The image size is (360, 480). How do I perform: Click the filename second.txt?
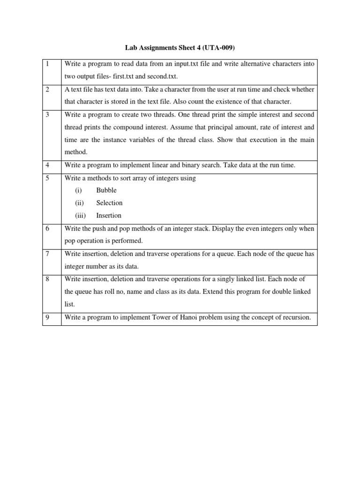point(162,76)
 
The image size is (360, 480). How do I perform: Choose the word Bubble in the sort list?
point(106,190)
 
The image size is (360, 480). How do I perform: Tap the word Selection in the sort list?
point(109,203)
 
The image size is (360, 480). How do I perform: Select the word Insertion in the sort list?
point(109,216)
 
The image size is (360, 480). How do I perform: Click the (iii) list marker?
point(80,216)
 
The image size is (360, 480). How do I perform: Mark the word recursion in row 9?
point(295,318)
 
